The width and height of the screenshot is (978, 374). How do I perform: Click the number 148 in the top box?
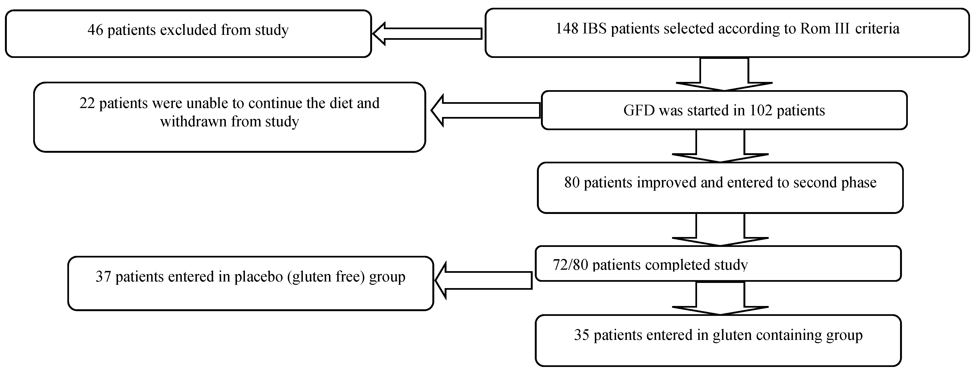(x=567, y=29)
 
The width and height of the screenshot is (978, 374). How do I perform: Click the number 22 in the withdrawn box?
(x=87, y=103)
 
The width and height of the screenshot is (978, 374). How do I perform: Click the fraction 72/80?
(x=571, y=264)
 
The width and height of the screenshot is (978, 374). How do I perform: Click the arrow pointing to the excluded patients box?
(x=427, y=34)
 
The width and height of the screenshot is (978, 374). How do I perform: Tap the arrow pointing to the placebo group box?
(x=483, y=280)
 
